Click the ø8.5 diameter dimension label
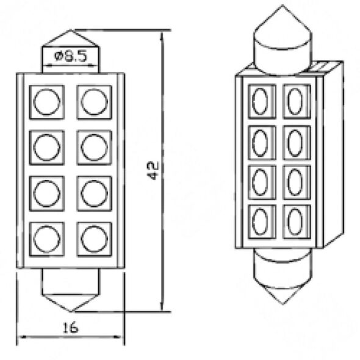tap(71, 56)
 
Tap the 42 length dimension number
tap(153, 171)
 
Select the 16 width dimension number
tap(71, 328)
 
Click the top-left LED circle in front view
tap(46, 102)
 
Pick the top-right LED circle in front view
tap(94, 102)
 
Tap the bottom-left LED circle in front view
tap(46, 239)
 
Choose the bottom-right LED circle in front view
tap(94, 239)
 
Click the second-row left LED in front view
tap(46, 148)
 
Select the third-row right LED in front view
tap(94, 193)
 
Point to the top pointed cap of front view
tap(71, 38)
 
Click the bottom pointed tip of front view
tap(71, 312)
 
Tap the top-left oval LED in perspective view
tap(260, 101)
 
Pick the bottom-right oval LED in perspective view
tap(295, 222)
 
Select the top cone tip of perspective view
tap(283, 5)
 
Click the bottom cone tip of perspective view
tap(283, 304)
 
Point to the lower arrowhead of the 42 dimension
tap(162, 305)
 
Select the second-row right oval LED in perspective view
tap(295, 143)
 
